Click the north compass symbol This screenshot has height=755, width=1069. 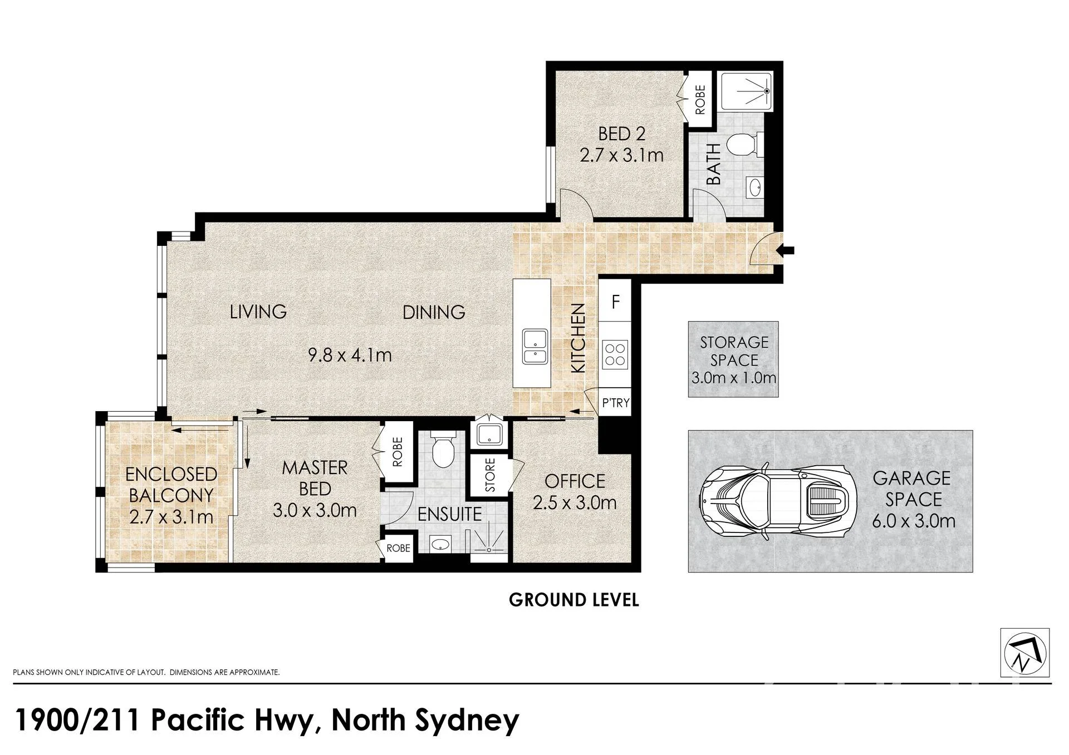click(x=1025, y=653)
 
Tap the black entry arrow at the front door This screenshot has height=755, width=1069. click(x=787, y=250)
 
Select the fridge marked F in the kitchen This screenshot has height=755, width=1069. click(x=615, y=302)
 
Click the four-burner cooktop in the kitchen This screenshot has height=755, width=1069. click(x=615, y=354)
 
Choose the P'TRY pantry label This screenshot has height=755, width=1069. click(x=616, y=403)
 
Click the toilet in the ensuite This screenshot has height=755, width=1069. click(x=444, y=452)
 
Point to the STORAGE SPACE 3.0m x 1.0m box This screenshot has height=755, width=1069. click(x=733, y=359)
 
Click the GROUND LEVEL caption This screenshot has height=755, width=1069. click(x=573, y=600)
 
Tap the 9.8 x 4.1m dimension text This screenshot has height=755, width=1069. click(x=350, y=354)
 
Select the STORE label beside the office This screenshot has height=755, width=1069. click(x=490, y=475)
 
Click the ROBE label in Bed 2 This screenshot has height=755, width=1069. click(x=700, y=100)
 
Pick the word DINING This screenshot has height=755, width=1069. click(x=434, y=312)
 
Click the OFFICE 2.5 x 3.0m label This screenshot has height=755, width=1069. click(x=575, y=492)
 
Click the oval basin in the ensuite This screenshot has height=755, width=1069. click(x=441, y=544)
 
